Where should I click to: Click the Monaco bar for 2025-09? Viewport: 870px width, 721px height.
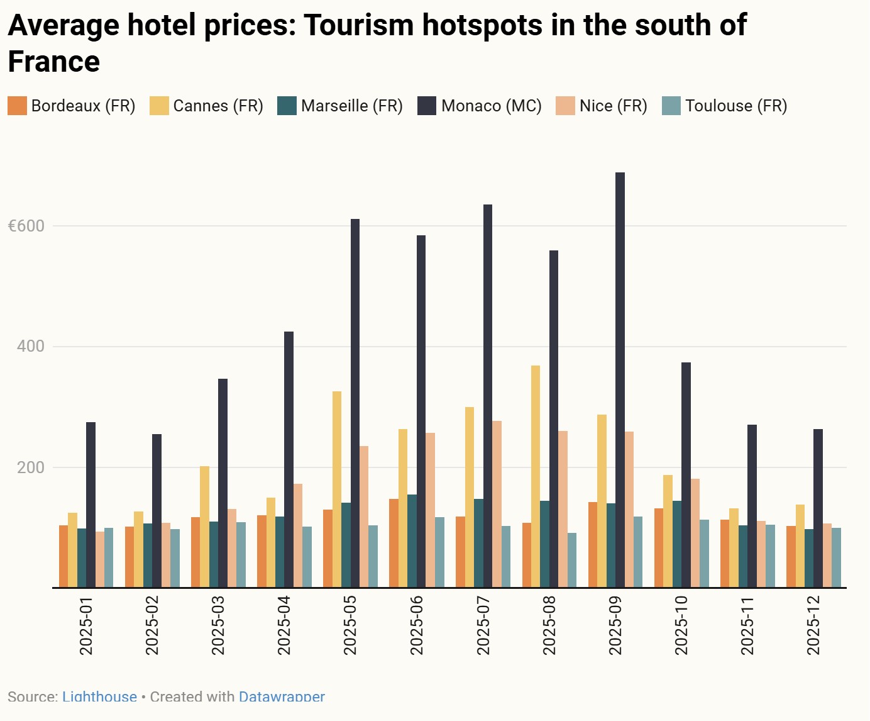point(620,380)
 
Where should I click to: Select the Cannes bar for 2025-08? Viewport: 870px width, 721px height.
point(536,476)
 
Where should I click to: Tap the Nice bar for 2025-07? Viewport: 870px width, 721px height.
point(497,504)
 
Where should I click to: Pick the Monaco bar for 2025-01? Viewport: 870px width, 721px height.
point(91,505)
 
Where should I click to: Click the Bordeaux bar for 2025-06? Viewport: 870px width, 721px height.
point(394,543)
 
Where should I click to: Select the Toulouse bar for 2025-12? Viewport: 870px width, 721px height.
point(836,557)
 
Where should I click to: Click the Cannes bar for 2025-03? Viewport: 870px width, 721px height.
point(204,527)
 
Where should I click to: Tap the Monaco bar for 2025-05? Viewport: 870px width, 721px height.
point(355,403)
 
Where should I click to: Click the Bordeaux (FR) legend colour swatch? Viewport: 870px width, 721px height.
point(17,106)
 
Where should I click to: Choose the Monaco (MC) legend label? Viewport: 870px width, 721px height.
point(492,106)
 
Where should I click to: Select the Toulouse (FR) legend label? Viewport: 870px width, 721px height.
point(736,106)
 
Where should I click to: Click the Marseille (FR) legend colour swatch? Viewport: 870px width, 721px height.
point(287,106)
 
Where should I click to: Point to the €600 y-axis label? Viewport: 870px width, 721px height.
point(26,226)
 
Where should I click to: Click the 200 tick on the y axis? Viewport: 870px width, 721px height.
point(31,467)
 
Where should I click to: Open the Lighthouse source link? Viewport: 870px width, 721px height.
point(99,696)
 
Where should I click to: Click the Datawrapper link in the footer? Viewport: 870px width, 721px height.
point(282,696)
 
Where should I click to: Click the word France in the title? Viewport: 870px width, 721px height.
point(54,62)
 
